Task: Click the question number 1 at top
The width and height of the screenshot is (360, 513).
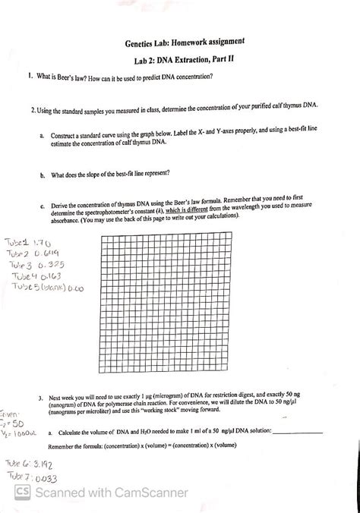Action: point(27,77)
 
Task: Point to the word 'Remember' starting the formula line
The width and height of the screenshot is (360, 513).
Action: point(63,446)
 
